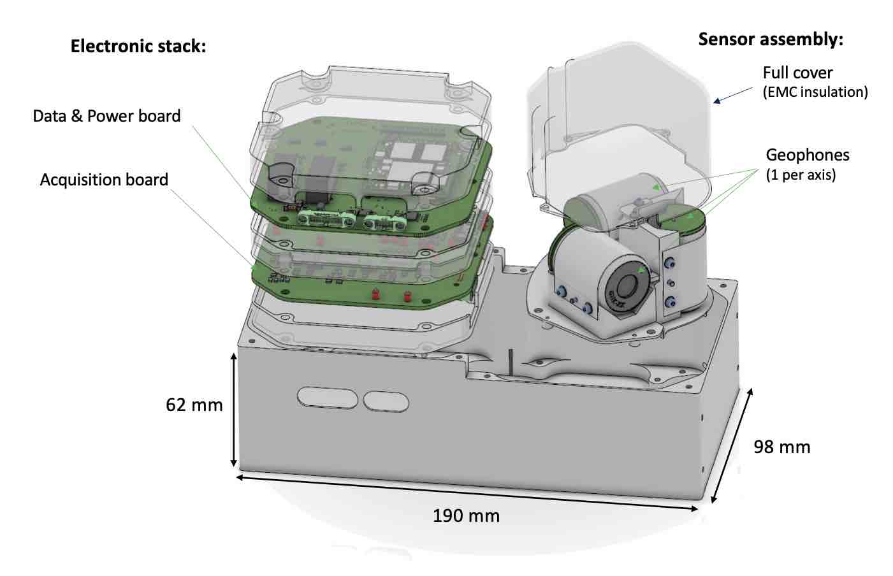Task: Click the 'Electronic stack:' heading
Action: point(138,47)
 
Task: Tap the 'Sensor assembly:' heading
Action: point(771,40)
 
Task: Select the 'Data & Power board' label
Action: point(106,116)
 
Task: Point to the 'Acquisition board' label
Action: point(104,180)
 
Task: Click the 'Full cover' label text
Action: point(798,73)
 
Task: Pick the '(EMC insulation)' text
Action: point(815,92)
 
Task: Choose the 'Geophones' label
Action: point(808,155)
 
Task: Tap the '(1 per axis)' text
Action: point(801,175)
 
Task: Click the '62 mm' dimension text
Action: point(194,405)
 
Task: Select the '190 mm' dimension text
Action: point(466,516)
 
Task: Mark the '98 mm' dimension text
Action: point(782,447)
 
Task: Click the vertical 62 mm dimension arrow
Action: point(234,410)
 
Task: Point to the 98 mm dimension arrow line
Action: point(732,445)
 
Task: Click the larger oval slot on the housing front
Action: point(327,398)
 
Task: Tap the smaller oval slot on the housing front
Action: point(386,401)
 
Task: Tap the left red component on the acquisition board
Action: point(375,294)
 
